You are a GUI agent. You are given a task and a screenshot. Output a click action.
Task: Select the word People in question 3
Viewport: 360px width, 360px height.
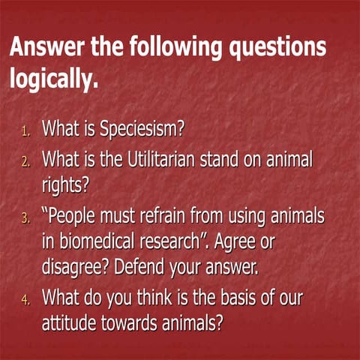[x=76, y=217]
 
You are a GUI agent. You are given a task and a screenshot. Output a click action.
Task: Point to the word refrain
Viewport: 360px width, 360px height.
[x=172, y=217]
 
